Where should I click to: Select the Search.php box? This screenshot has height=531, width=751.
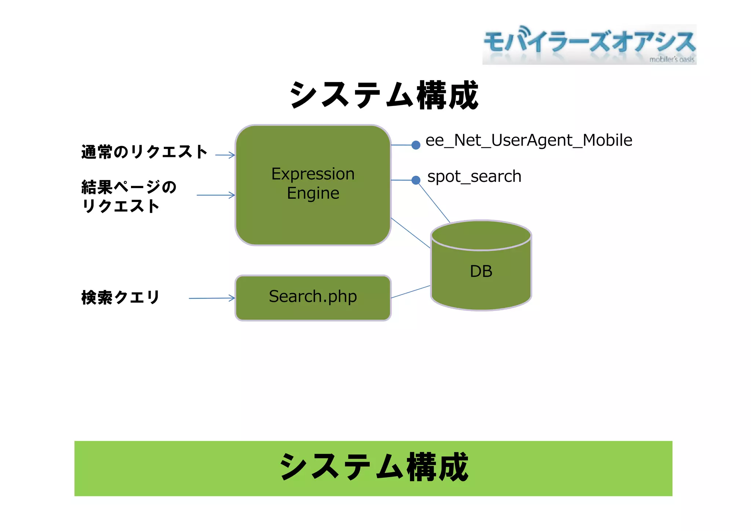click(x=313, y=297)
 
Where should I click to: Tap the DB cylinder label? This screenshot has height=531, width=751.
click(x=481, y=271)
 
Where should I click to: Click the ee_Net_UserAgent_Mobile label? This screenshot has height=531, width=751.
click(x=528, y=140)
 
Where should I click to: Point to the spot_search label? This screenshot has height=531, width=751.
click(x=474, y=177)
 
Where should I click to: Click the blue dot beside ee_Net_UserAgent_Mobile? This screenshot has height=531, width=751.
click(x=415, y=145)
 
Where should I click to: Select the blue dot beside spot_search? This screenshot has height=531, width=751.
click(x=415, y=180)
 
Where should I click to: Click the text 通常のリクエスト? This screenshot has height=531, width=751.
click(x=144, y=152)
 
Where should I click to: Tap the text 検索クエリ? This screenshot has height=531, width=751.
click(x=120, y=297)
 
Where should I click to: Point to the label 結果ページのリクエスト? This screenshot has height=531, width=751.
click(x=128, y=196)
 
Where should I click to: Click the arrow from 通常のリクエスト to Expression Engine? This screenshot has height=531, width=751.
click(x=225, y=155)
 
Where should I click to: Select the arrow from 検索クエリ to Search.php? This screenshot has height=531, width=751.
click(x=212, y=298)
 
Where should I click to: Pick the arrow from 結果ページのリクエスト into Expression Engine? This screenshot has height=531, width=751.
click(x=216, y=195)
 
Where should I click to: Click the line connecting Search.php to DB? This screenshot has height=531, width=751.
click(x=411, y=292)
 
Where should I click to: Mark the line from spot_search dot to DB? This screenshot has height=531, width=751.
click(x=435, y=203)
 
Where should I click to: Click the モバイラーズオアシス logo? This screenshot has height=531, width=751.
click(x=589, y=44)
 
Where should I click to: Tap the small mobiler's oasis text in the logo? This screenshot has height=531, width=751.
click(x=671, y=59)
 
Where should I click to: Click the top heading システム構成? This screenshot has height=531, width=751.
click(x=384, y=95)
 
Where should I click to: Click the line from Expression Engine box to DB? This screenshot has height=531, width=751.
click(x=411, y=233)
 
